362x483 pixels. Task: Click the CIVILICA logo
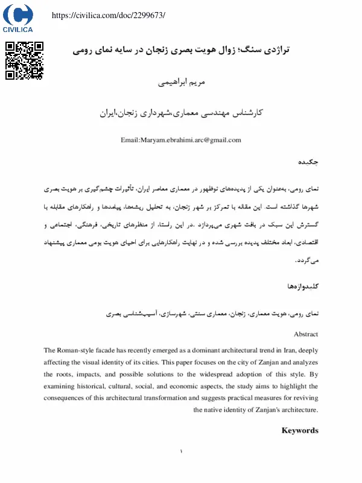(x=18, y=18)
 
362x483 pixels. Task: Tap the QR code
(x=25, y=60)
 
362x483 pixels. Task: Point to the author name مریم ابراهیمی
(x=181, y=82)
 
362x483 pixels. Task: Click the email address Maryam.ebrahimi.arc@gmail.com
(x=181, y=140)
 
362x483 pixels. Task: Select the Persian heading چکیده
(x=308, y=162)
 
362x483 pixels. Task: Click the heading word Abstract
(x=306, y=334)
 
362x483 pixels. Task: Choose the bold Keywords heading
(x=300, y=430)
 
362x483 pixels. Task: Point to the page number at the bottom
(x=181, y=451)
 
